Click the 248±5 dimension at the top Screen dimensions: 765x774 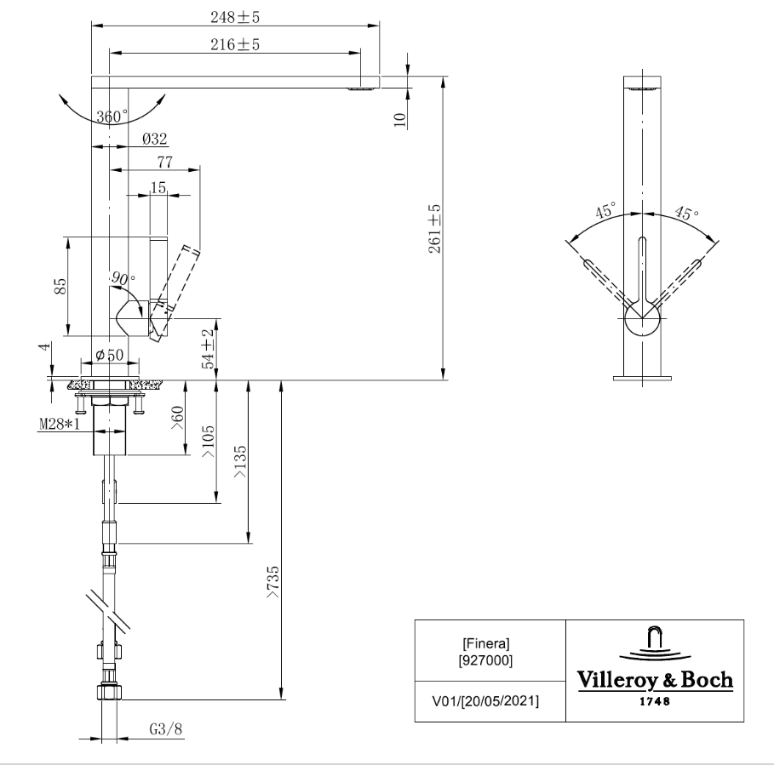(235, 15)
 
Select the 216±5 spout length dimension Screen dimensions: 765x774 (235, 45)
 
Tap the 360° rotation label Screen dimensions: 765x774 (112, 117)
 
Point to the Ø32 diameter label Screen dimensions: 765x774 (154, 138)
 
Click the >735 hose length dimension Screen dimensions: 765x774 (272, 585)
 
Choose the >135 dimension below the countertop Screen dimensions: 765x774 (240, 460)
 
